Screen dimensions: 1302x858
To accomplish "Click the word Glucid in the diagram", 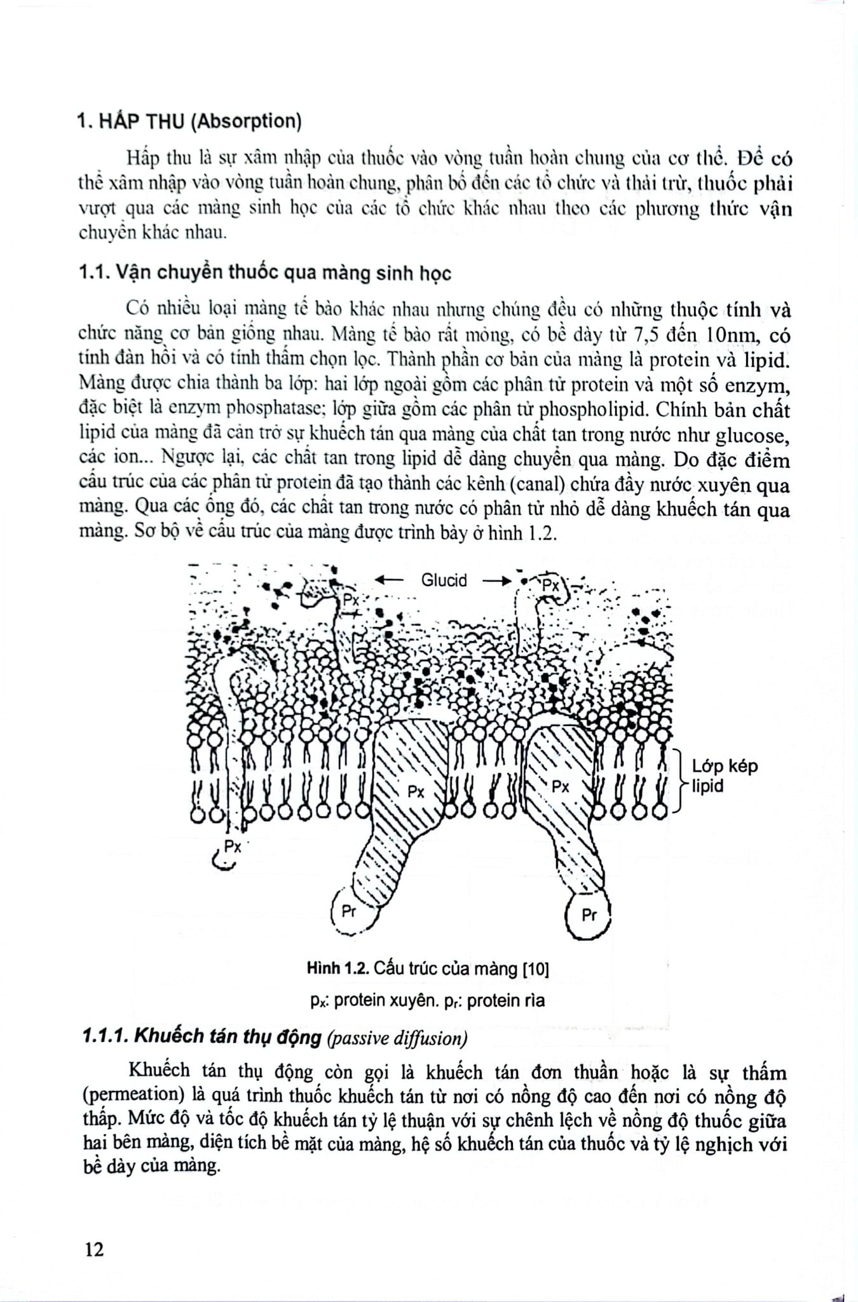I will pos(444,580).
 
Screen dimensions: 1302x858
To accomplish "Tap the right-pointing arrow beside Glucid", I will pos(496,580).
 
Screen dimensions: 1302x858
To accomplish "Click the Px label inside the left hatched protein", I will pos(416,791).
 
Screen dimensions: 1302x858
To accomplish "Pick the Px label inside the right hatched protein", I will pos(561,786).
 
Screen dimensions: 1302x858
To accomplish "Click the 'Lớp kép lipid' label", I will pos(725,776).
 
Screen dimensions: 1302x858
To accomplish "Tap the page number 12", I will pos(93,1249).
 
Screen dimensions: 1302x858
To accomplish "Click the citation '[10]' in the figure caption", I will pos(535,968).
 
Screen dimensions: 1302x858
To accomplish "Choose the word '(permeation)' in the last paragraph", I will pos(123,1095).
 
